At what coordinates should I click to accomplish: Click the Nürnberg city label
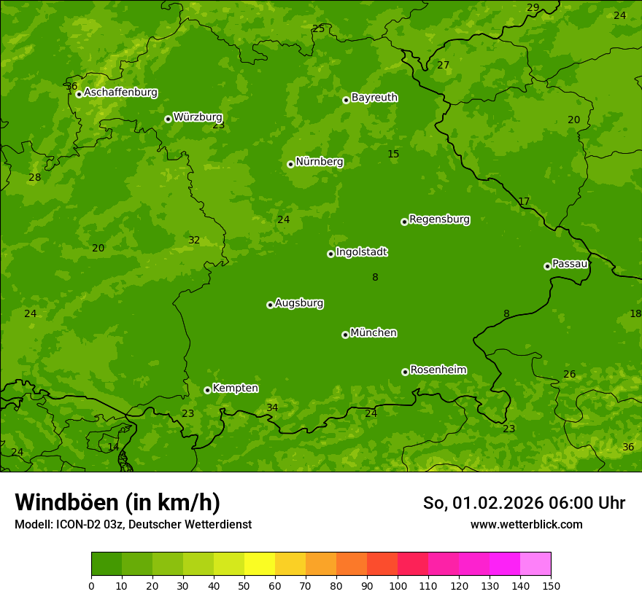319,162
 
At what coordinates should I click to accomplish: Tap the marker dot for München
345,335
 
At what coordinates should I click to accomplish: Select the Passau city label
569,264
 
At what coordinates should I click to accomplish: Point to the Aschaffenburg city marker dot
79,94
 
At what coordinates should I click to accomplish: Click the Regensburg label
439,219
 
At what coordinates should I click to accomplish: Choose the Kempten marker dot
207,390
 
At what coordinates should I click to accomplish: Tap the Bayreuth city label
374,98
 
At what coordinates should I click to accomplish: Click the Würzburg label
198,117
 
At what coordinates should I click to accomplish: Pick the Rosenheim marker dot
405,372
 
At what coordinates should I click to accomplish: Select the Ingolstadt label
361,252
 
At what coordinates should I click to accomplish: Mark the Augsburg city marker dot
270,305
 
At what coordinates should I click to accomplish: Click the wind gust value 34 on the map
272,407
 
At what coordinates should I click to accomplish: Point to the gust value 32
194,240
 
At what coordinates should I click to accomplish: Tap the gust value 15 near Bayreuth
393,154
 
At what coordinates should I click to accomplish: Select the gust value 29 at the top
533,7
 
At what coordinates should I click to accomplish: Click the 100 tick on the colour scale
398,585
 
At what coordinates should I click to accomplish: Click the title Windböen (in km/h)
117,502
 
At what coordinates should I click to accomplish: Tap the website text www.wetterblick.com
526,524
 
